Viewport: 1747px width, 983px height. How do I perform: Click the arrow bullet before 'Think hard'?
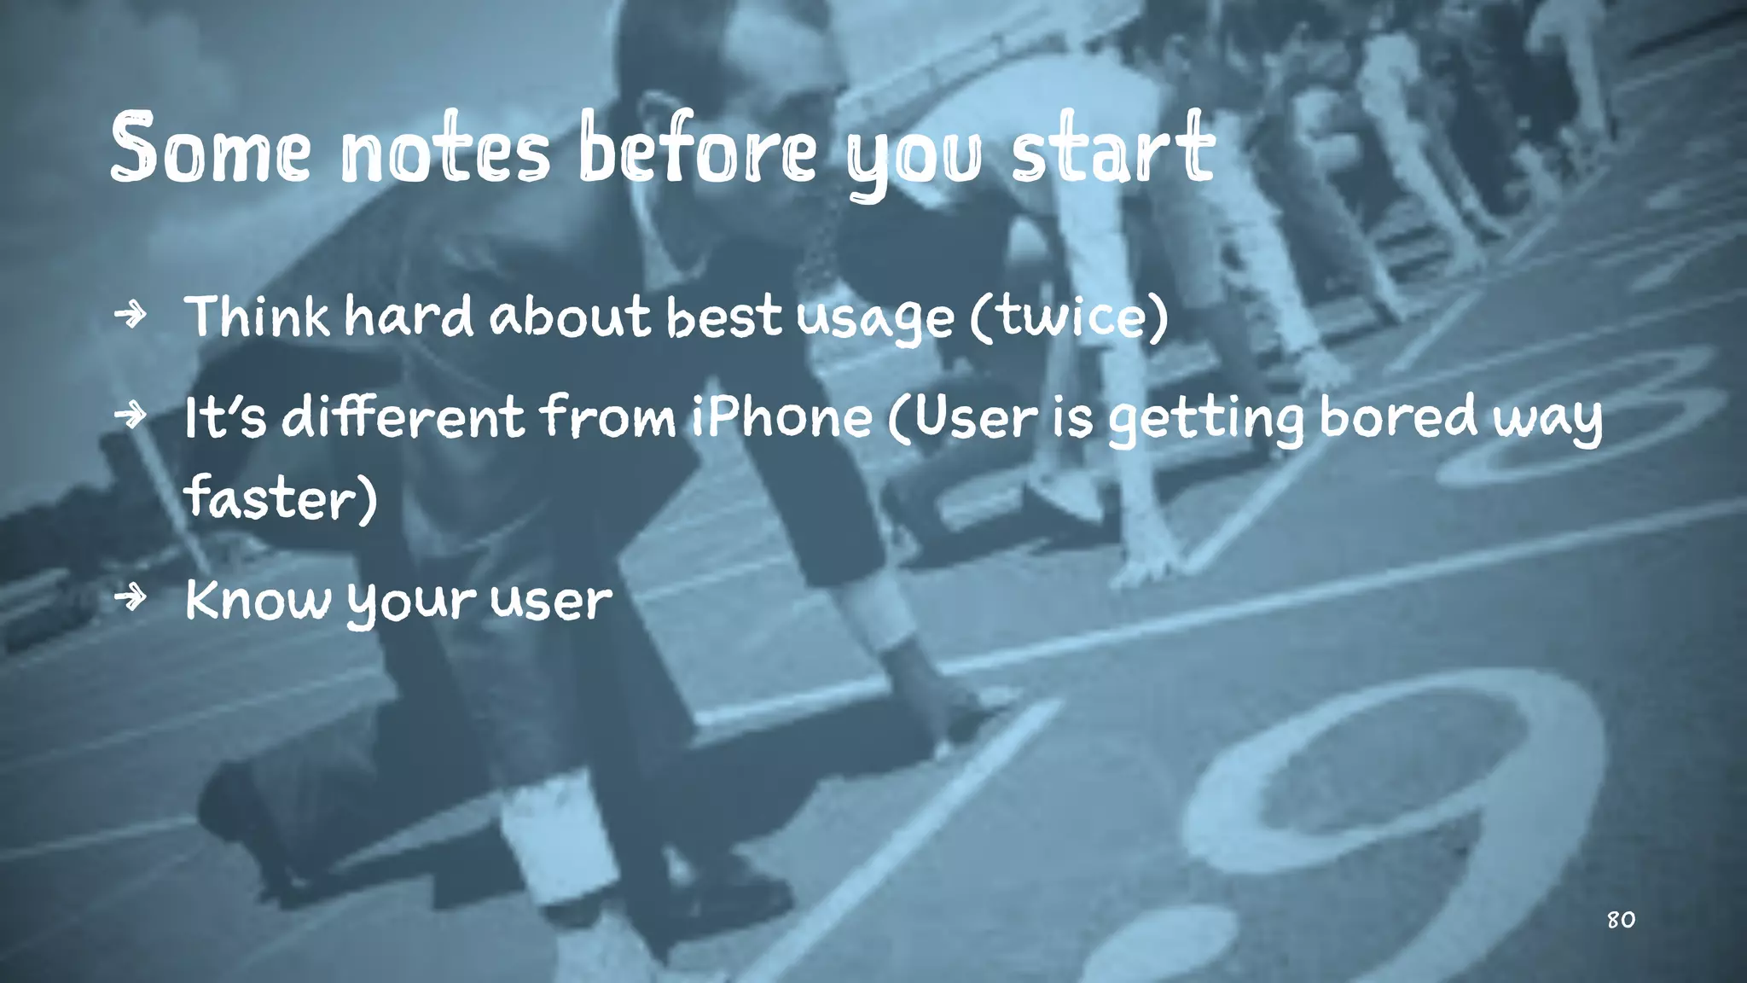pyautogui.click(x=131, y=315)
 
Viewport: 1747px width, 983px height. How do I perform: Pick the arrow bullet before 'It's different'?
pyautogui.click(x=131, y=416)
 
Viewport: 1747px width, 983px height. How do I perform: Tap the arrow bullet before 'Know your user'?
pyautogui.click(x=131, y=598)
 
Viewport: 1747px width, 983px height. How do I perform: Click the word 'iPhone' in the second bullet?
pyautogui.click(x=781, y=416)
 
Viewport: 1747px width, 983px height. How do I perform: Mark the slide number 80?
pyautogui.click(x=1621, y=920)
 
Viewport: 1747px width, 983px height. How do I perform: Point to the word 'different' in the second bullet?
pyautogui.click(x=403, y=416)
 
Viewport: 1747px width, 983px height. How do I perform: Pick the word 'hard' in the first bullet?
pyautogui.click(x=409, y=316)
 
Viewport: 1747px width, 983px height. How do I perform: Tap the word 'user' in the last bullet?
pyautogui.click(x=551, y=601)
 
